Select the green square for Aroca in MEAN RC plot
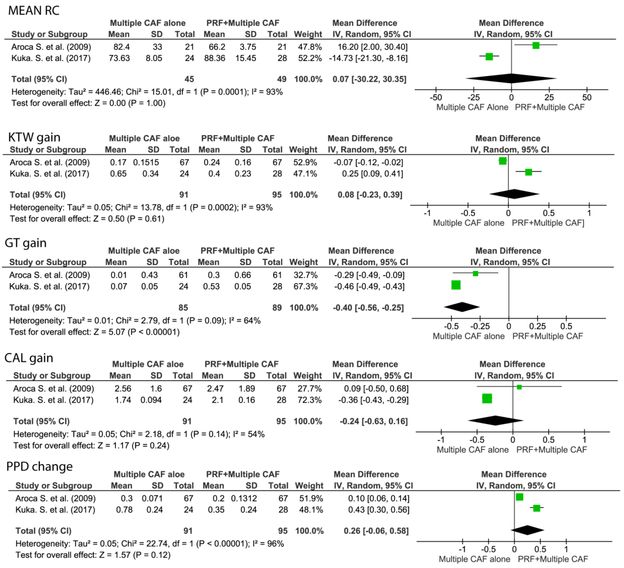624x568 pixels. [536, 45]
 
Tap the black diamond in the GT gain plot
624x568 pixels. [462, 307]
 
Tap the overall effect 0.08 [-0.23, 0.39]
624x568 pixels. [370, 195]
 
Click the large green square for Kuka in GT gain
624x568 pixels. [456, 285]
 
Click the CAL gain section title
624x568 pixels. [29, 358]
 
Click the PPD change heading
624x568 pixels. [39, 467]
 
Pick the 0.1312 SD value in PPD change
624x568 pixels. [244, 498]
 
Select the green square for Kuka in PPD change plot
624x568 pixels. [536, 508]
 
